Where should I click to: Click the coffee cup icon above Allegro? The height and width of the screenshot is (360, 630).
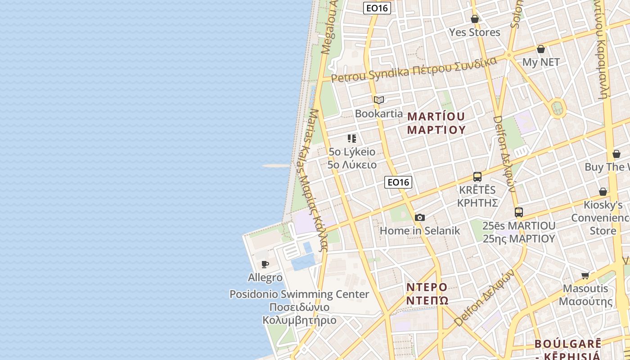(265, 264)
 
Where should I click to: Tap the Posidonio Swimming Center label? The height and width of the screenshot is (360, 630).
(299, 294)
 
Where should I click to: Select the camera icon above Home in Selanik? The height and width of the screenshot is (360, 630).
(419, 218)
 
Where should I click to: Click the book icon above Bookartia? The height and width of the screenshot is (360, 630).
(379, 100)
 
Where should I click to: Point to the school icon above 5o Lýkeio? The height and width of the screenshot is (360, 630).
(352, 139)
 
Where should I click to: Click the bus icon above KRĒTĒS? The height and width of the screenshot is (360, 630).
(477, 177)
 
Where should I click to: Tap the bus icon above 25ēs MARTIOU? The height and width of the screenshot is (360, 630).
(519, 212)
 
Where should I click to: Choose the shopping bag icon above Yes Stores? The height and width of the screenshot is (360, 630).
(475, 19)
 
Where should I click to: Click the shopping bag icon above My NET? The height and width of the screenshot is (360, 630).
(541, 49)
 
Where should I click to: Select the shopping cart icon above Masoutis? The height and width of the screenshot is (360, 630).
(585, 275)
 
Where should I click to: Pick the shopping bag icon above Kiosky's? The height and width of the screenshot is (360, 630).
(603, 192)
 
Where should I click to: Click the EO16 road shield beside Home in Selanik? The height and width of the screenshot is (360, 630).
(398, 182)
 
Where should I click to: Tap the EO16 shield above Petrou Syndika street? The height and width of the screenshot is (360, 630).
(377, 8)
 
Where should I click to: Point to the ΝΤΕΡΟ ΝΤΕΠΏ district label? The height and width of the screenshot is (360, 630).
(427, 293)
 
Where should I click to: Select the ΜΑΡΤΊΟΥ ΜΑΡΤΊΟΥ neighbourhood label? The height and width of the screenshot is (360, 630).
(436, 123)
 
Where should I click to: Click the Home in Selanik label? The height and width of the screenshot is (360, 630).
(420, 231)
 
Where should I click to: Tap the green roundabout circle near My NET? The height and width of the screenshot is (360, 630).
(558, 108)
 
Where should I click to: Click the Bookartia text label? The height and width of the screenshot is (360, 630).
(379, 113)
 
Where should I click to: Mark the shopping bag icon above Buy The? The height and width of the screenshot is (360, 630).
(616, 154)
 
